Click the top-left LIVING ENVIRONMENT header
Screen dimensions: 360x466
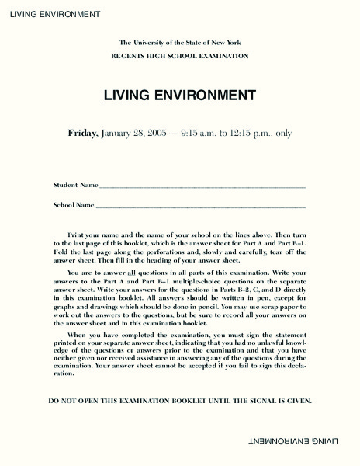click(x=50, y=15)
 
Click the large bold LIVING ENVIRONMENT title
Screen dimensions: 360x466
click(x=179, y=96)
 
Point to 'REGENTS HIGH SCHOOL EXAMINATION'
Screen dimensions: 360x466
click(x=179, y=57)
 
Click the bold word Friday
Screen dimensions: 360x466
click(x=82, y=133)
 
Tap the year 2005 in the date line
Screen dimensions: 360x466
click(x=175, y=133)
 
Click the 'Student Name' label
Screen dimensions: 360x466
click(x=75, y=186)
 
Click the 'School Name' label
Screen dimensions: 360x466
click(x=74, y=205)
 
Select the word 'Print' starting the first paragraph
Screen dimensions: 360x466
click(x=76, y=234)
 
